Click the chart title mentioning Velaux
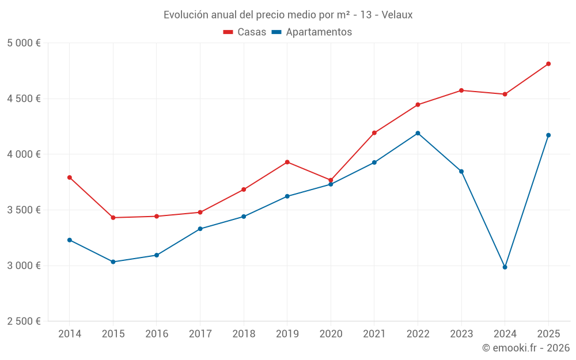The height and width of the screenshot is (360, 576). [288, 15]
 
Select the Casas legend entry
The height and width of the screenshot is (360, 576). [245, 32]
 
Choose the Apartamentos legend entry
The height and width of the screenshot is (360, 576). [312, 32]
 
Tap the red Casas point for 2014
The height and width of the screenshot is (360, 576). [70, 177]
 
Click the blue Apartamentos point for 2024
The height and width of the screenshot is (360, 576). [505, 267]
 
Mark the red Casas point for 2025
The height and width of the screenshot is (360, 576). [548, 64]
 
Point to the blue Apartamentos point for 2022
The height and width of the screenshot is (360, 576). [418, 133]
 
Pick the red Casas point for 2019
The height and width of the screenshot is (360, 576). [287, 162]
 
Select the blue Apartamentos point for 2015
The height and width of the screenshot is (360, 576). [113, 262]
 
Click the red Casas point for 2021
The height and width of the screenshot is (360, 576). [374, 133]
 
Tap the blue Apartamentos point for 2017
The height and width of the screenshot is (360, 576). [200, 229]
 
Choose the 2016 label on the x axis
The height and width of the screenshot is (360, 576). [157, 334]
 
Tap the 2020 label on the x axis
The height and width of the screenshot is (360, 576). [331, 334]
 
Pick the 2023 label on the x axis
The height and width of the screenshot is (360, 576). [461, 334]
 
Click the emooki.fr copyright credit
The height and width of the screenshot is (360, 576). [525, 348]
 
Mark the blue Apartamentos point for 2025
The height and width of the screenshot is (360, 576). [548, 135]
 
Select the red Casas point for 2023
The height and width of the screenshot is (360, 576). [461, 90]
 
